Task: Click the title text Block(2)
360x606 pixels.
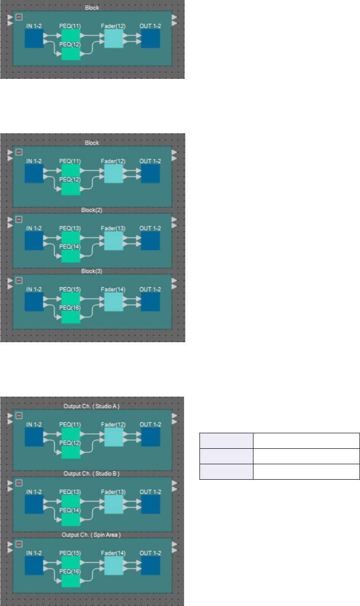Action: tap(92, 210)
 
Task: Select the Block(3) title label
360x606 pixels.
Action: tap(92, 271)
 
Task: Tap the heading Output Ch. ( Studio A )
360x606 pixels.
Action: tap(92, 406)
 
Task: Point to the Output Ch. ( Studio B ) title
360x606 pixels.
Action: tap(92, 474)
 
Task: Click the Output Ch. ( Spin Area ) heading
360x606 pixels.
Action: tap(92, 535)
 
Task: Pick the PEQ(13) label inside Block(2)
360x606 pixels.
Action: tap(70, 228)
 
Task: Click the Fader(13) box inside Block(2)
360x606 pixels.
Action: tap(113, 241)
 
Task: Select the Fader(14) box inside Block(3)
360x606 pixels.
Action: tap(113, 302)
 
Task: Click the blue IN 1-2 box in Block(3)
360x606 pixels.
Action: tap(34, 302)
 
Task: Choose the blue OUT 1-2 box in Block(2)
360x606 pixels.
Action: tap(150, 241)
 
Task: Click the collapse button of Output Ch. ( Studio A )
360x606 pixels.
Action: tap(19, 415)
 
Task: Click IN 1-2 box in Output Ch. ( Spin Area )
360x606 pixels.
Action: tap(34, 566)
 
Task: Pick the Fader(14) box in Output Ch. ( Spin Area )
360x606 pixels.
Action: tap(113, 566)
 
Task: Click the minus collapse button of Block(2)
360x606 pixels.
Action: tap(19, 219)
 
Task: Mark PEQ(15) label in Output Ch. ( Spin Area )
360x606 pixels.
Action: tap(70, 553)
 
